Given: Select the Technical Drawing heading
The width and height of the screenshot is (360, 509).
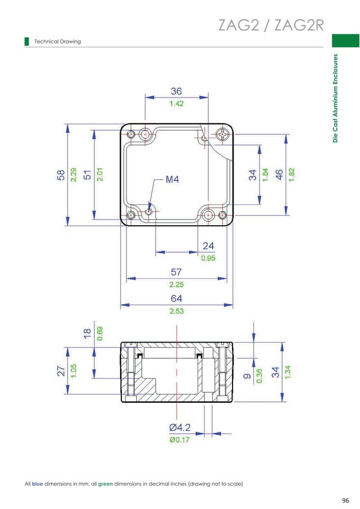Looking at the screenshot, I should click(58, 41).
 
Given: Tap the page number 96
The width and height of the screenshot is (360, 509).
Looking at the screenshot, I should click(345, 500).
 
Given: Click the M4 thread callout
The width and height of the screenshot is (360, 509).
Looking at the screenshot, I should click(172, 180).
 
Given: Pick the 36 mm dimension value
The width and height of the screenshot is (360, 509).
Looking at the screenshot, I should click(177, 91).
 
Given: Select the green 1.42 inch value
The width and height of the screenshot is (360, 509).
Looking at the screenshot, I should click(177, 104).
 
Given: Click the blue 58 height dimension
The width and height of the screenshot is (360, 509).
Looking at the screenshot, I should click(60, 174).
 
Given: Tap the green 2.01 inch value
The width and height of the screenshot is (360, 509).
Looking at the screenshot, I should click(99, 174).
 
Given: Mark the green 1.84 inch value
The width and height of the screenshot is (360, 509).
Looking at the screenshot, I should click(265, 174).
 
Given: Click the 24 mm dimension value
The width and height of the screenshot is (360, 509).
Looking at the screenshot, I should click(208, 245).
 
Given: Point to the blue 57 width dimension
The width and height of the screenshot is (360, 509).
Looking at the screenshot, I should click(177, 271).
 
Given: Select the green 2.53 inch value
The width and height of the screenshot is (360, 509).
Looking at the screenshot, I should click(177, 311).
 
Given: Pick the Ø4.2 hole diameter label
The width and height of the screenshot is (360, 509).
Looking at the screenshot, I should click(179, 427).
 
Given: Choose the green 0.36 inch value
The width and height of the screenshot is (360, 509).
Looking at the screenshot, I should click(260, 376).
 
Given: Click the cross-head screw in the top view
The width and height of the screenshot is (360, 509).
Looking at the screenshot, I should click(222, 134).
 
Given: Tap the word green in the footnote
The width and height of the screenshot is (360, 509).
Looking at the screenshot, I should click(106, 484).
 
